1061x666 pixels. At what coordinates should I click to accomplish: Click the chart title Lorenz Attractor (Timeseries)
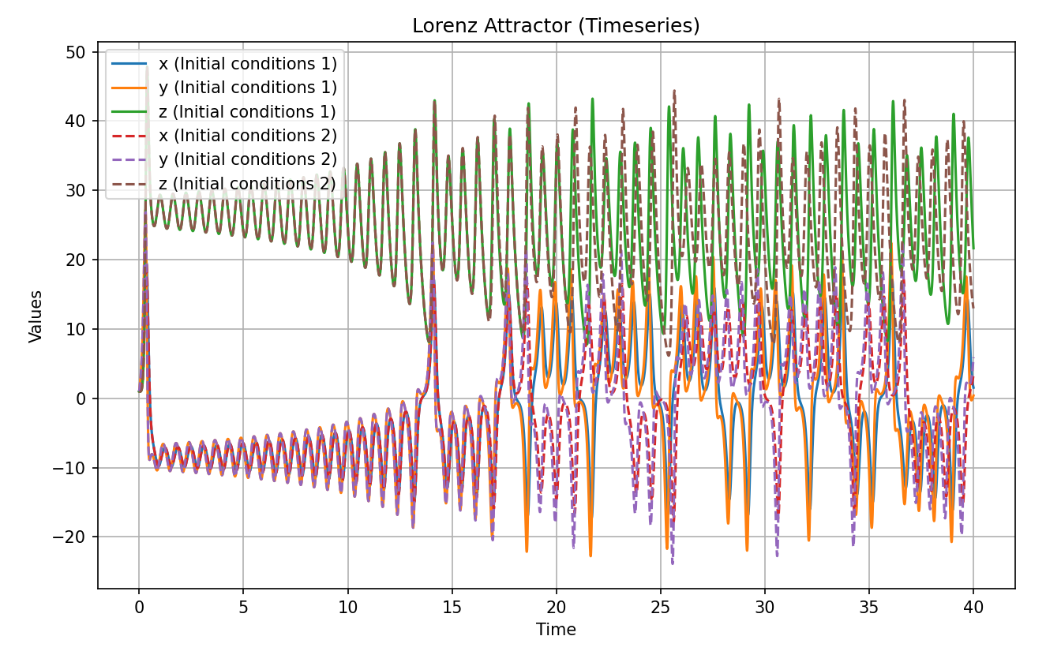556,26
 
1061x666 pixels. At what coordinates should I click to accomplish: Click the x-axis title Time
556,630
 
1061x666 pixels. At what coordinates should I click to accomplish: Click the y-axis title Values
36,316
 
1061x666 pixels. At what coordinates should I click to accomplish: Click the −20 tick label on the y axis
73,537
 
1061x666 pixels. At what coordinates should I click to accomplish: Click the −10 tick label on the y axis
73,468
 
